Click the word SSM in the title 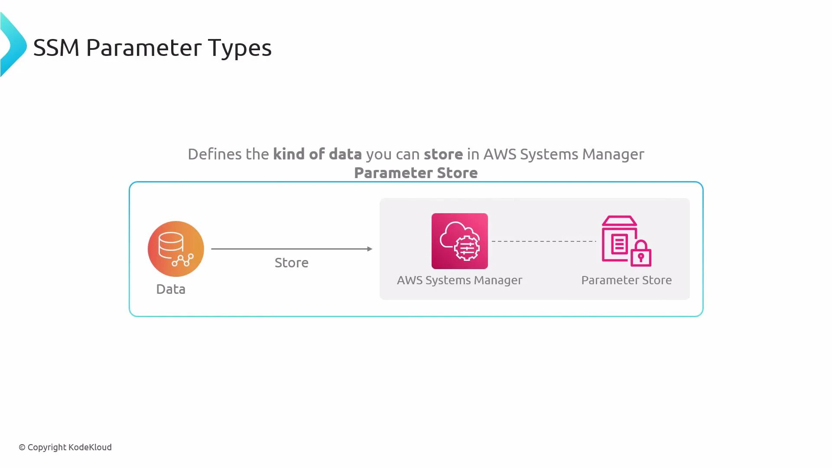click(56, 48)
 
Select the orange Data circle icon click(175, 249)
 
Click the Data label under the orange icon click(171, 289)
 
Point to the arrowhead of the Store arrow click(370, 249)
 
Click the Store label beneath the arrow click(291, 263)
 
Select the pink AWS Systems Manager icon click(459, 241)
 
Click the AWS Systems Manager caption click(459, 280)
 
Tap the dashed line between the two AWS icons click(544, 241)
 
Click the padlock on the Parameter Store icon click(641, 254)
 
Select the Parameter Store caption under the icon click(626, 280)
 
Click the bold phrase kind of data click(317, 154)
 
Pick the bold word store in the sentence click(443, 154)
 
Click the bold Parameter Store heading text click(416, 173)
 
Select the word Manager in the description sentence click(613, 154)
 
